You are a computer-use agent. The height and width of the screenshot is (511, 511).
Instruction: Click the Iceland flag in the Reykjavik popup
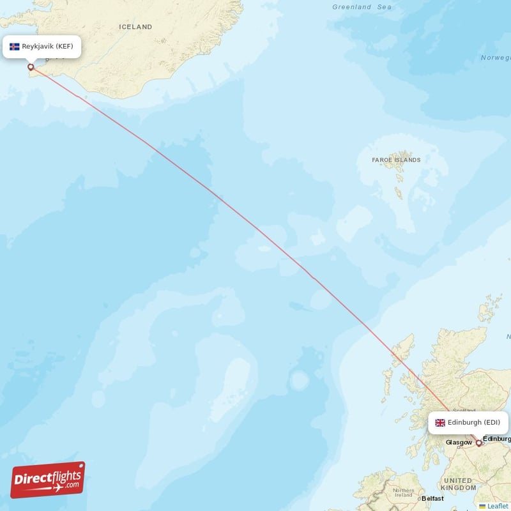coord(15,47)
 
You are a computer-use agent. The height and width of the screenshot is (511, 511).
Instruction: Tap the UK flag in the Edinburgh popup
coord(440,423)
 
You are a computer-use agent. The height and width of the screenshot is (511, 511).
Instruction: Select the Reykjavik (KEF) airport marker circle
coord(30,66)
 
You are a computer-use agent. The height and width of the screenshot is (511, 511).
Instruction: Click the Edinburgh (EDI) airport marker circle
coord(479,443)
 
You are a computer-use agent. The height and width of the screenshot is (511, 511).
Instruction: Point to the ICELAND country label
coord(135,27)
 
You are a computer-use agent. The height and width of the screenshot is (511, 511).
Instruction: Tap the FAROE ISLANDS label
coord(396,160)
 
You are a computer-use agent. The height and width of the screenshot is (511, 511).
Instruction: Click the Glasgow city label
coord(458,442)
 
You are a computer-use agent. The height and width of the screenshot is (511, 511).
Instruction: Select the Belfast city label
coord(432,498)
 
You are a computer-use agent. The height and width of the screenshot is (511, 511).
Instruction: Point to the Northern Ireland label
coord(403,493)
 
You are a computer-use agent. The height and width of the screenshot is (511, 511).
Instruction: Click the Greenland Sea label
coord(362,7)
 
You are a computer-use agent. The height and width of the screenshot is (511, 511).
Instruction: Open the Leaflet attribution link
coord(498,506)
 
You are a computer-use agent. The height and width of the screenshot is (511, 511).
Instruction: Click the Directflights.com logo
coord(48,480)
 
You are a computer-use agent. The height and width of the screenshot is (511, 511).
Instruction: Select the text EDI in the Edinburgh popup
coord(492,422)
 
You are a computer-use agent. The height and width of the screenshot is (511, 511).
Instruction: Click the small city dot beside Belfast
coord(420,498)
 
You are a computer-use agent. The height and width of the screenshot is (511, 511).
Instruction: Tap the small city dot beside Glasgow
coord(473,441)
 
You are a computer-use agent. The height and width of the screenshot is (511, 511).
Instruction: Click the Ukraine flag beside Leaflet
coord(483,507)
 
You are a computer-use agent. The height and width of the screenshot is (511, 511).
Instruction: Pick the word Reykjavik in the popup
coord(38,47)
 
